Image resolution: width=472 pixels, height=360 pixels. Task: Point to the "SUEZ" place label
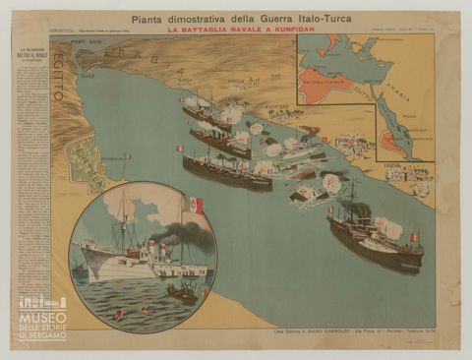tap(87, 73)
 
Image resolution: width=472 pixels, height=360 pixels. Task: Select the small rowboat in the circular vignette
tap(181, 291)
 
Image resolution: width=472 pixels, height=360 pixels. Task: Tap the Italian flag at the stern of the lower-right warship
tap(414, 238)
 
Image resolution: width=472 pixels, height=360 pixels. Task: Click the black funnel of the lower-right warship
tap(363, 210)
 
